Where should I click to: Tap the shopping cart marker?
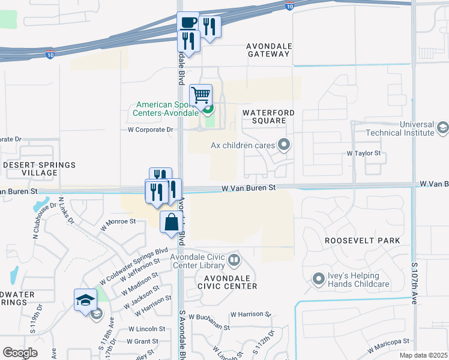point(200,95)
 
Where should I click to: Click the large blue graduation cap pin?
point(85,299)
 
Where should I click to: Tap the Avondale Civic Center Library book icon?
point(234,261)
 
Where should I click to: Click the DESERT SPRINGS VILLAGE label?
point(40,169)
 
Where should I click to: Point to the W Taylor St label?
point(364,154)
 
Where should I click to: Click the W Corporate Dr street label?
point(150,129)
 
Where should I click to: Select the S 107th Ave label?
point(414,283)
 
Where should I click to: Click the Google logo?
point(20,353)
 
